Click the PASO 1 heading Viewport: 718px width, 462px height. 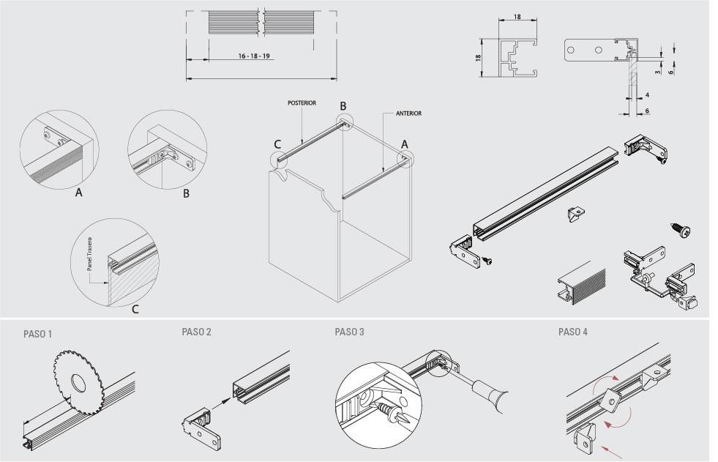tap(37, 334)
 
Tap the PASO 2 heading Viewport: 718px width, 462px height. tap(196, 332)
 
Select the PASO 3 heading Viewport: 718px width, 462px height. tap(349, 332)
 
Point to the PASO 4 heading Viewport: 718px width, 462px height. tap(572, 332)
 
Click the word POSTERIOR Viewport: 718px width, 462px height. tap(302, 103)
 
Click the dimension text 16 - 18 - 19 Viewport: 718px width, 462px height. tap(255, 56)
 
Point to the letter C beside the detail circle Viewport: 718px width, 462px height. tap(135, 310)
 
